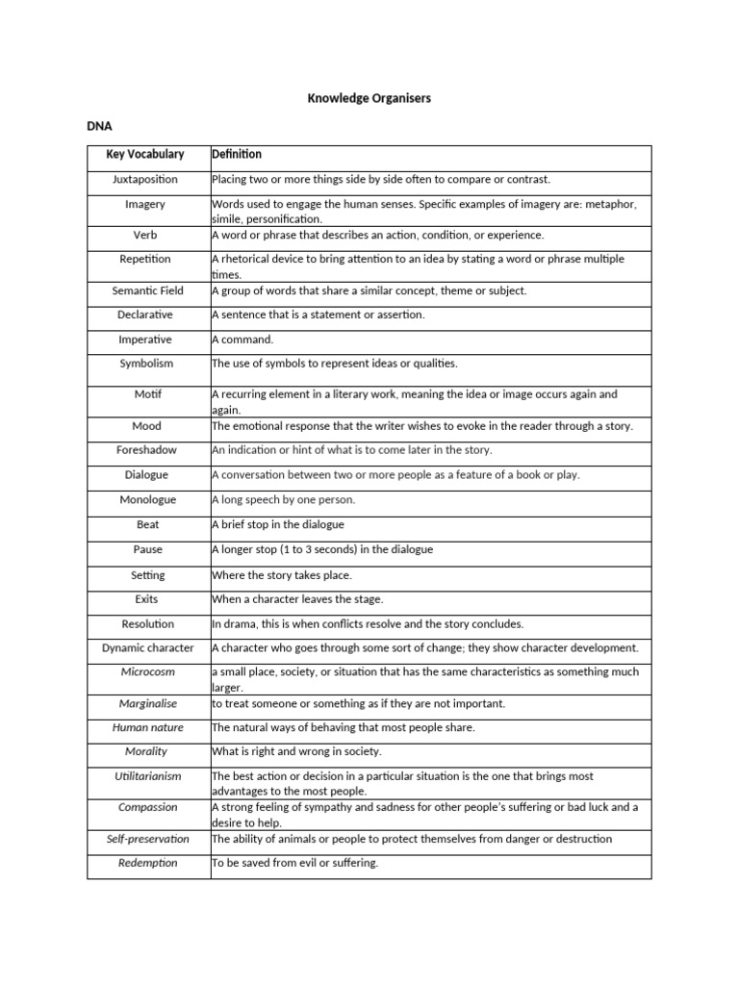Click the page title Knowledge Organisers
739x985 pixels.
[x=369, y=98]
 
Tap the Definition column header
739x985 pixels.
[x=237, y=154]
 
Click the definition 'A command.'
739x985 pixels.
[x=242, y=340]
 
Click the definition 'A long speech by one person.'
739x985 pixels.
[x=283, y=500]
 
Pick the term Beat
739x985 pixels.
[x=147, y=525]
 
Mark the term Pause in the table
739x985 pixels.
[x=147, y=550]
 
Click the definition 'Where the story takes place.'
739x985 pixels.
[x=282, y=575]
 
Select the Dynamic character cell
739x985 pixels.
[x=147, y=648]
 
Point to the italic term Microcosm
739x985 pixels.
[x=147, y=672]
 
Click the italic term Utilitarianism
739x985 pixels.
[x=147, y=775]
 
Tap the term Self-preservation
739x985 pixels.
[x=147, y=839]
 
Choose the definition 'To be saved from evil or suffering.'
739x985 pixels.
[x=295, y=863]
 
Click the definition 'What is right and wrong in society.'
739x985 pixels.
[x=297, y=751]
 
